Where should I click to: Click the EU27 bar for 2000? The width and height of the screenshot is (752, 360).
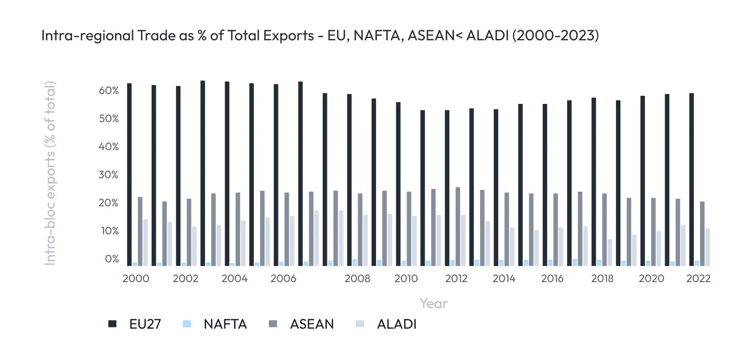[129, 175]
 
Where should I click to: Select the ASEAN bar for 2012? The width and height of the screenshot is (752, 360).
[458, 227]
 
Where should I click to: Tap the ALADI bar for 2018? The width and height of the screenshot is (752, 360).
[610, 253]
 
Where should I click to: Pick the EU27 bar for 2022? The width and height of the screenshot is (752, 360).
[692, 179]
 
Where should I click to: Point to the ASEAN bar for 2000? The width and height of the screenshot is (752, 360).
[140, 231]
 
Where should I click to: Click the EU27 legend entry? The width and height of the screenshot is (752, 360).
[135, 324]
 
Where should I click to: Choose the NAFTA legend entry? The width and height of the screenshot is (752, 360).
[215, 324]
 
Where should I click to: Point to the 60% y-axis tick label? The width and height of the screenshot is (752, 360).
[109, 91]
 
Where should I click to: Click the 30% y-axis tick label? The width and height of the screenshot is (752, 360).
[109, 175]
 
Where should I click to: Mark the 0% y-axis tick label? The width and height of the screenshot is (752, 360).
[111, 259]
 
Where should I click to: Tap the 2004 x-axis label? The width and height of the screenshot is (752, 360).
[235, 279]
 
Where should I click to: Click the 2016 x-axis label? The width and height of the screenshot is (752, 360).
[552, 279]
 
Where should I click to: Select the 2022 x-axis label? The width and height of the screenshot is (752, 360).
[698, 279]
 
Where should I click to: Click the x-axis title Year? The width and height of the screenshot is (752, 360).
[433, 304]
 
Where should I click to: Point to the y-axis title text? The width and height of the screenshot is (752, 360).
[50, 173]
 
